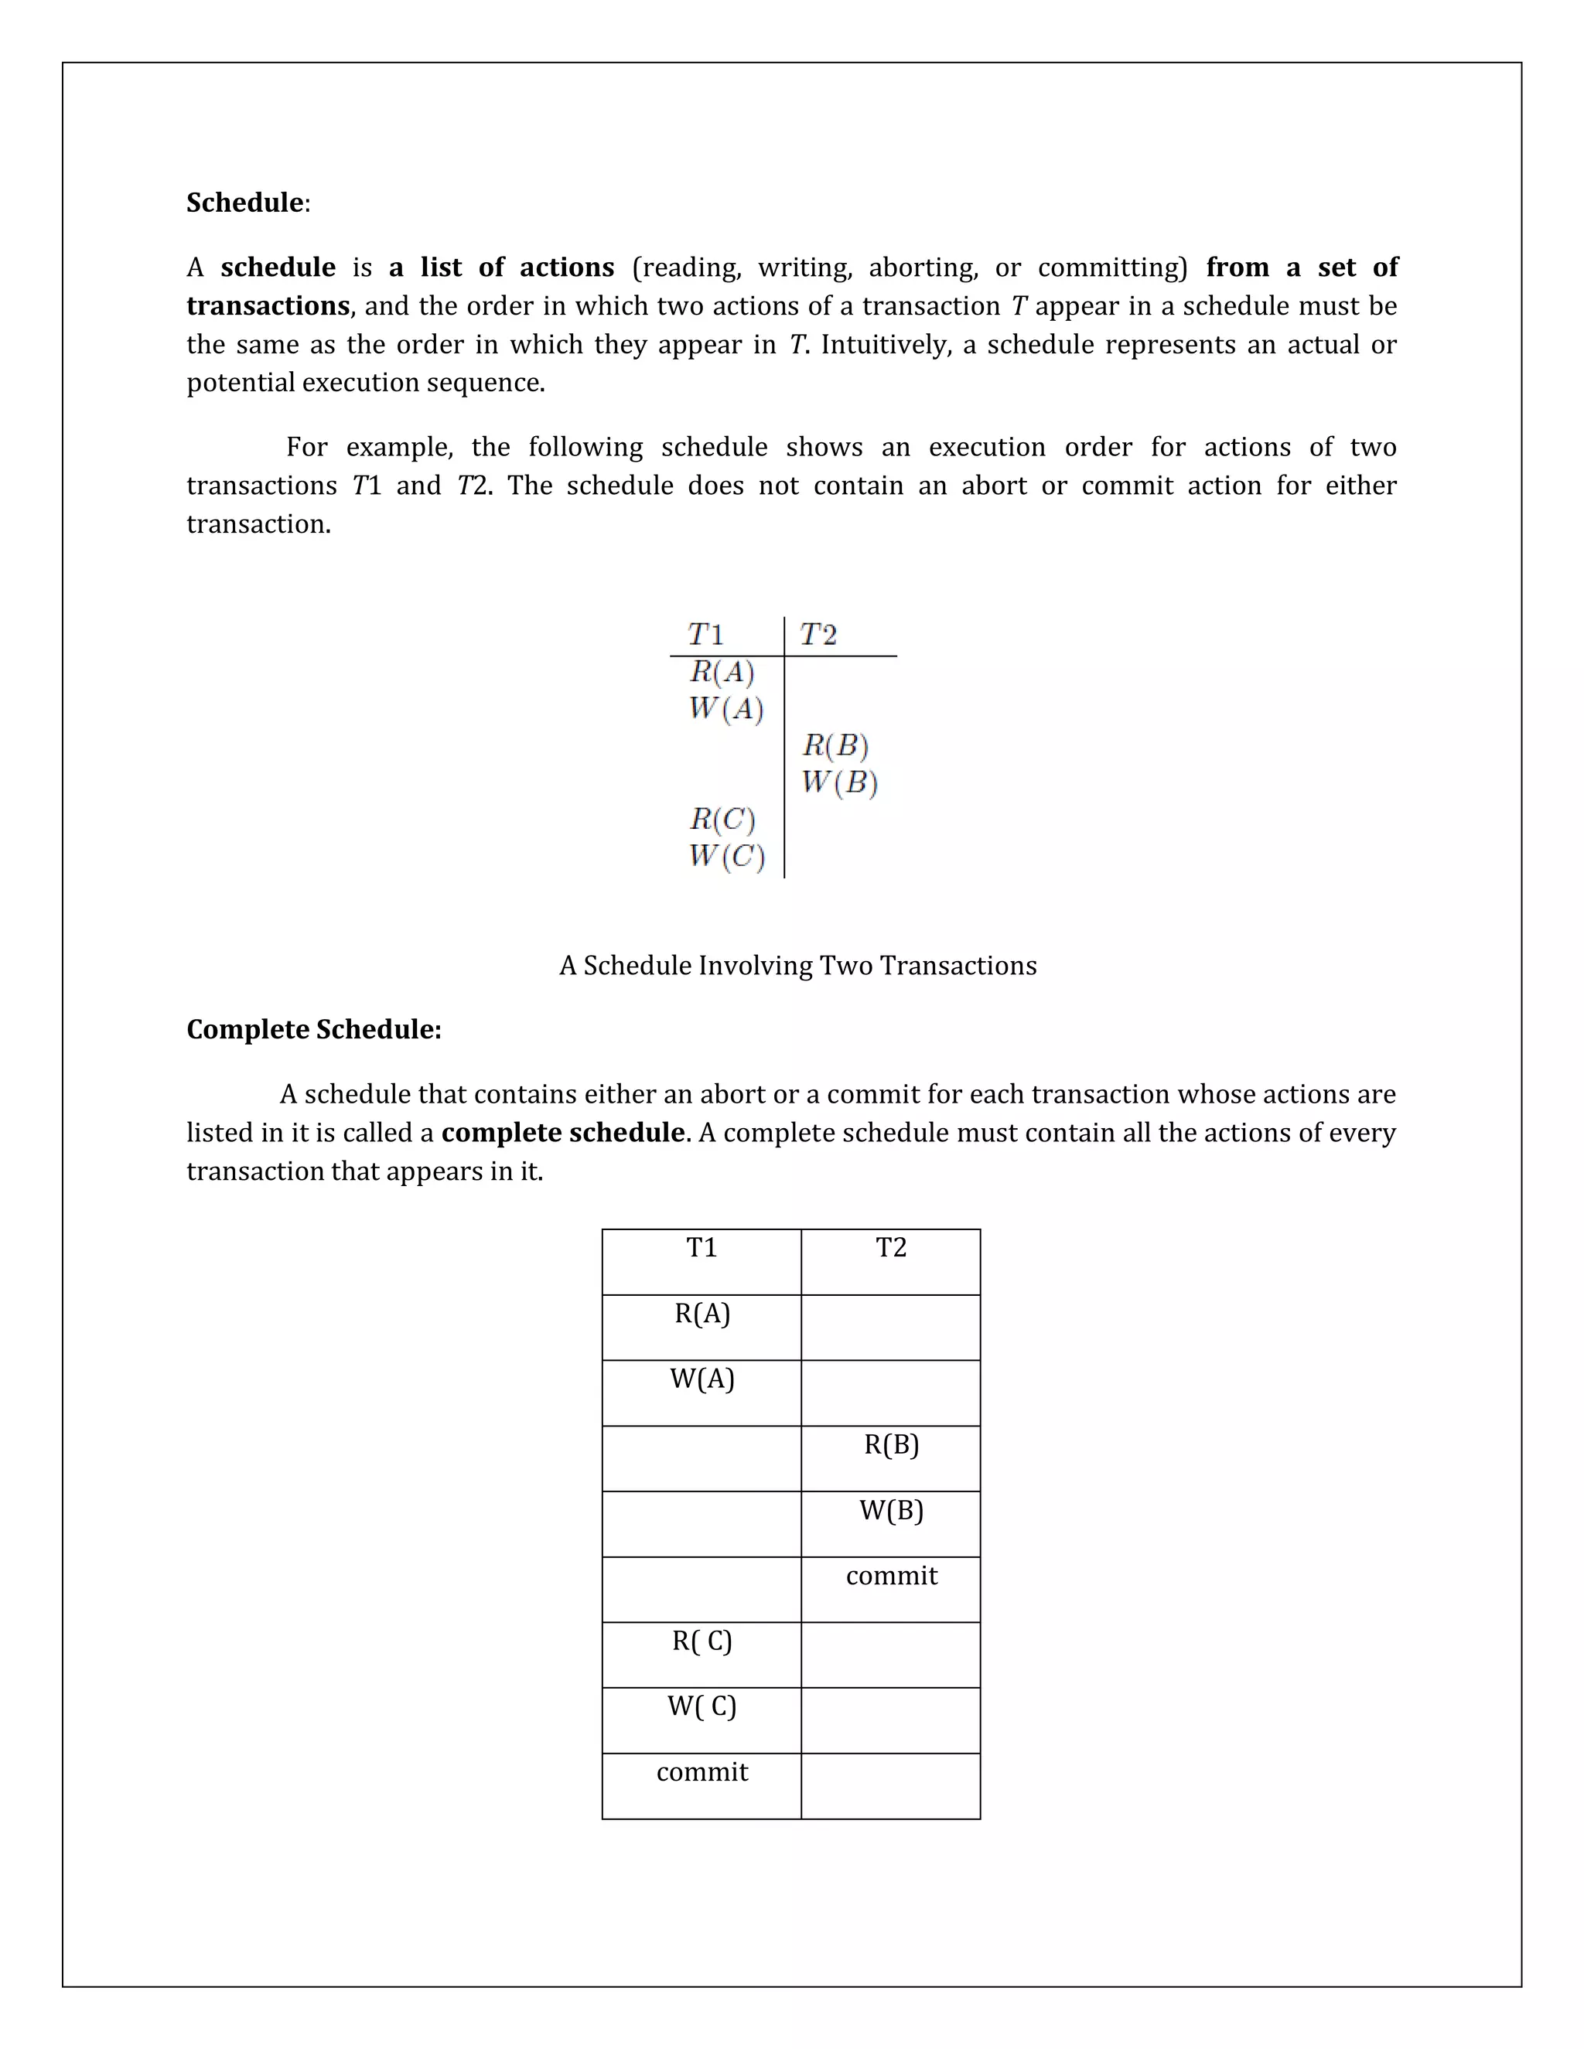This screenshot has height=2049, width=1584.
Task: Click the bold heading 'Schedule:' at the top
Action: [247, 203]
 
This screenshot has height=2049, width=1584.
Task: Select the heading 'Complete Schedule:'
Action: [313, 1029]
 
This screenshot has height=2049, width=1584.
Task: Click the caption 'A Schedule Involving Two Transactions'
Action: [797, 966]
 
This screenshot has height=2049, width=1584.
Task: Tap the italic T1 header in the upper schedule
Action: [705, 635]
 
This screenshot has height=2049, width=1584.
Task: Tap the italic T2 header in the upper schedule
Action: [818, 635]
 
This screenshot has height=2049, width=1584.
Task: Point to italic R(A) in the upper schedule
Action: [722, 672]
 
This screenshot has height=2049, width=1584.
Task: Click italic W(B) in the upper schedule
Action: [839, 782]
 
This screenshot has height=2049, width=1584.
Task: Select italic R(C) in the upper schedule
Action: [722, 819]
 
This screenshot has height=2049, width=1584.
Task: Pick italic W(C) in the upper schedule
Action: [725, 856]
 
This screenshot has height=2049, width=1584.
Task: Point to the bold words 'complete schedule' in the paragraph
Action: [562, 1133]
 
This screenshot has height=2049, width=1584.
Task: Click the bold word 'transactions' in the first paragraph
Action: [268, 306]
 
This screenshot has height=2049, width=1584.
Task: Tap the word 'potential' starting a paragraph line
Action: [233, 383]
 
